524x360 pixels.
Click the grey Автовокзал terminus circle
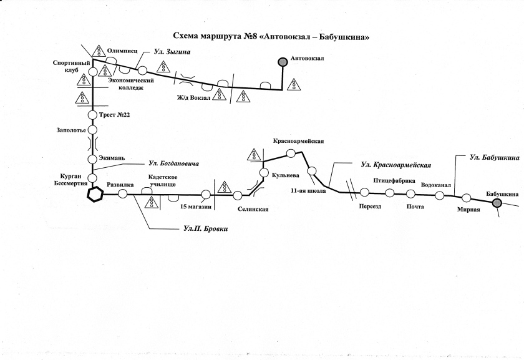tap(282, 61)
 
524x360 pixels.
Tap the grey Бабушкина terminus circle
tap(497, 203)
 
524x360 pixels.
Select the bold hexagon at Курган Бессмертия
tap(94, 195)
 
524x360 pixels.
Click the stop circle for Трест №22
tap(93, 115)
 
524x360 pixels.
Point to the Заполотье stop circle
tap(93, 130)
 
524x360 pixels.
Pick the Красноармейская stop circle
tap(290, 153)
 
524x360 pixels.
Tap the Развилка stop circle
tap(123, 195)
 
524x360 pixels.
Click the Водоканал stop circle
tap(440, 195)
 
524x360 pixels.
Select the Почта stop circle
tap(410, 193)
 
